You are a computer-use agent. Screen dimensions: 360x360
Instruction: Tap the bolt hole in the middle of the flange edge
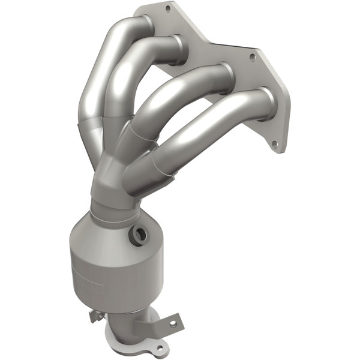253,58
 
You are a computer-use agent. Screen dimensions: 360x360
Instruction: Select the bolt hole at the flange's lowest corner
274,145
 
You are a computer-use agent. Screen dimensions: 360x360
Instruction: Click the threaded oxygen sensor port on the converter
140,235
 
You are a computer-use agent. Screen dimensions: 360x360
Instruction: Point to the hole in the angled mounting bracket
173,323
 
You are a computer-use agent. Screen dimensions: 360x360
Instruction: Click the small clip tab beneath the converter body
94,314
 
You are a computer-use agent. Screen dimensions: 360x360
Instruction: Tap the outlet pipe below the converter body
129,333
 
